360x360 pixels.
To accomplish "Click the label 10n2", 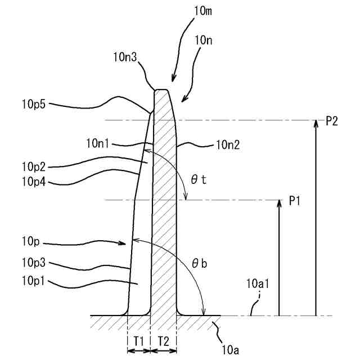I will (x=228, y=145).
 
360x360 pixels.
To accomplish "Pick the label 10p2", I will (x=34, y=166).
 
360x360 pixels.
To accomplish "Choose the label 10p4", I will (x=34, y=181).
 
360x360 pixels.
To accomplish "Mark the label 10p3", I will (x=34, y=262).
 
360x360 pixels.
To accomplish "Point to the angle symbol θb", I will (x=200, y=263).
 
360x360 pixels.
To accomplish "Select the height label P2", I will (x=331, y=121).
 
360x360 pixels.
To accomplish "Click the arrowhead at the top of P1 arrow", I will (x=279, y=202).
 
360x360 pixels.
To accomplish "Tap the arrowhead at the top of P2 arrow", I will (x=316, y=123).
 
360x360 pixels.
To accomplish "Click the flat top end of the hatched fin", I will (x=162, y=90).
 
